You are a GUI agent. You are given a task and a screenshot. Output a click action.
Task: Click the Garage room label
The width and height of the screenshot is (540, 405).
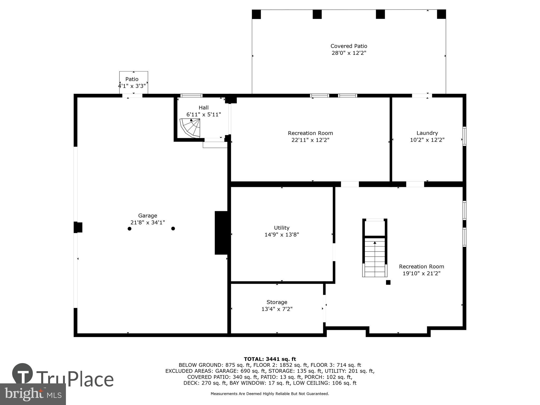click(147, 216)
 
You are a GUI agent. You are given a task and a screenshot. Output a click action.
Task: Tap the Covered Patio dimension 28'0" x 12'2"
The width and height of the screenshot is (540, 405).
click(349, 53)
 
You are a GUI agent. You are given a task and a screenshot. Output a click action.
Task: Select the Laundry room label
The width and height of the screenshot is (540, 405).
click(427, 133)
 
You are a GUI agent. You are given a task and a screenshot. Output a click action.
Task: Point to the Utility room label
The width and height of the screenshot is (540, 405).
click(282, 228)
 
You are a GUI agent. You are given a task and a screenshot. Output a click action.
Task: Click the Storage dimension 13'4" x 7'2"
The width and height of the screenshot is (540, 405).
click(277, 309)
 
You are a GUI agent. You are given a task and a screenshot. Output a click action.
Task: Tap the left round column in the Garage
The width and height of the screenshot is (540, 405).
click(129, 229)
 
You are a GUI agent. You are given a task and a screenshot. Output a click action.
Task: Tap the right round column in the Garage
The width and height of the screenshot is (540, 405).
click(173, 229)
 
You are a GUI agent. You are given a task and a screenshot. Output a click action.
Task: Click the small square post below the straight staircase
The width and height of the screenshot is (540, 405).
click(388, 282)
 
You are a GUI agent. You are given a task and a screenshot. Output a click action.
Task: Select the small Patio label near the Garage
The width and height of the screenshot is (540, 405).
click(132, 79)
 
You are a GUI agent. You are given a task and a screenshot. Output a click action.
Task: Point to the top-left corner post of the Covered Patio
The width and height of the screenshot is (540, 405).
click(256, 14)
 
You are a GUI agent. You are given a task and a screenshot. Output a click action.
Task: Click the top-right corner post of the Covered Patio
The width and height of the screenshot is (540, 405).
click(441, 14)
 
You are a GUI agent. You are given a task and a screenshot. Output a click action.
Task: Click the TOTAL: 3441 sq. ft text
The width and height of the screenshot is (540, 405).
click(270, 359)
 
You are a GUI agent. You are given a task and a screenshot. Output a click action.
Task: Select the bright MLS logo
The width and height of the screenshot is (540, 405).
click(33, 394)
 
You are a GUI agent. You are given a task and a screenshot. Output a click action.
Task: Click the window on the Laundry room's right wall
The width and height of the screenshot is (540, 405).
click(464, 136)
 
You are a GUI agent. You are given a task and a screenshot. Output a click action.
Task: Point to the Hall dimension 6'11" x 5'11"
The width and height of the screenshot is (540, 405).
click(204, 115)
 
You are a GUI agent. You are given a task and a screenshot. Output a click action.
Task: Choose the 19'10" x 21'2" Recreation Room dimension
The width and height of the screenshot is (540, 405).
click(421, 273)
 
